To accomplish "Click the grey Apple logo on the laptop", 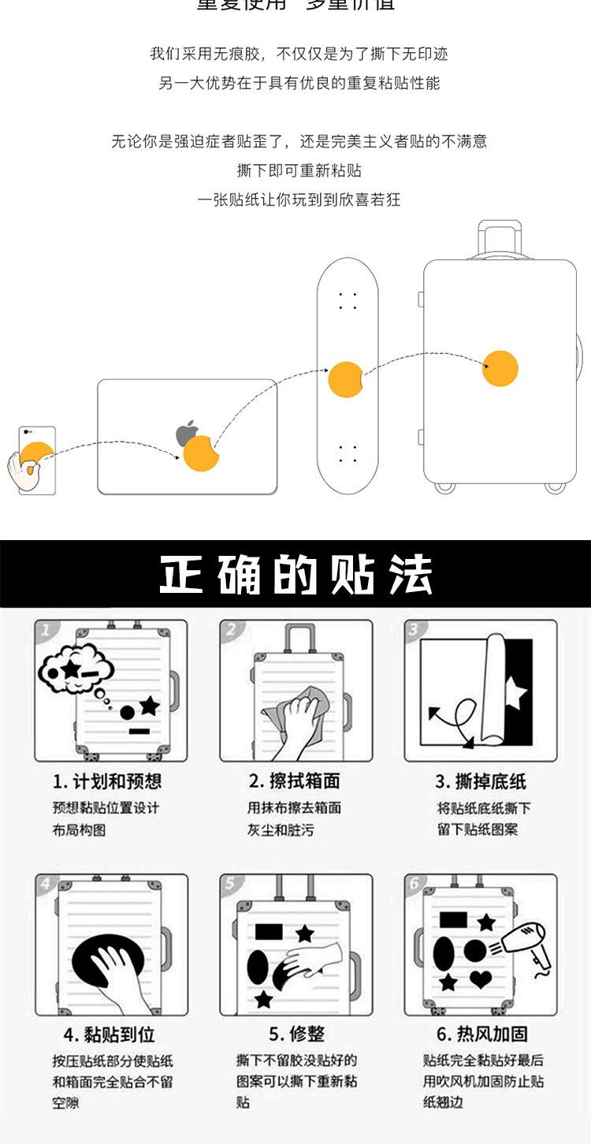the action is pos(187,434).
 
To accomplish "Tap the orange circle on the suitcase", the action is pos(500,368).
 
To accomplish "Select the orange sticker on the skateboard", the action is pos(344,379).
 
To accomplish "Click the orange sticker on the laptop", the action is pos(201,453).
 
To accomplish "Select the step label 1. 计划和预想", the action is pos(107,781).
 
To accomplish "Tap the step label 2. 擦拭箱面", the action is pos(295,781).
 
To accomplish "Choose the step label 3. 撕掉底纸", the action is pos(481,781).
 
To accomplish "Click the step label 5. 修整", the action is pos(296,1034).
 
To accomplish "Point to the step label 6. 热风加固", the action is pos(481,1034).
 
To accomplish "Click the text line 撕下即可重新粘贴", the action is pos(299,170).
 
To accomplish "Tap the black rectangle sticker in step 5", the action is pos(269,931).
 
